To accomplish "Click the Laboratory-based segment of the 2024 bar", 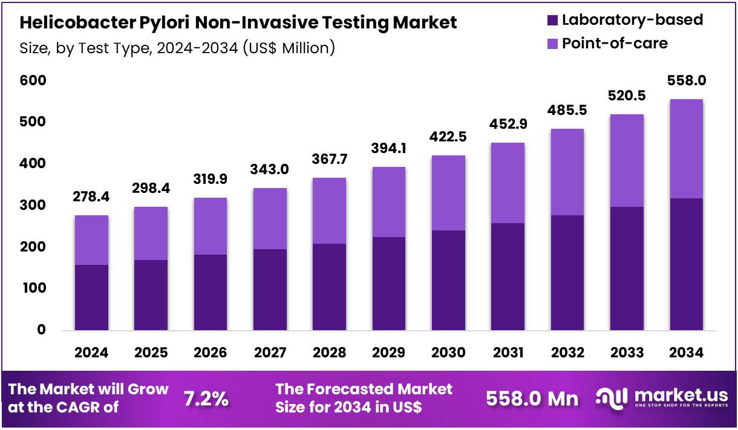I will (x=91, y=298).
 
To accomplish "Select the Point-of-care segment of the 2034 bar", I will (x=686, y=149).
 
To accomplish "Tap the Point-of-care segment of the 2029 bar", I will (x=388, y=202).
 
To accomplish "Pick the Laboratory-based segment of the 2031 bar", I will (x=508, y=276).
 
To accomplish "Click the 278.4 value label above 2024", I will (x=91, y=197).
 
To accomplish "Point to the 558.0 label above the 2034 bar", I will (x=686, y=81).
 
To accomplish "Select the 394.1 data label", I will (x=388, y=149).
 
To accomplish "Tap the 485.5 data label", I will (x=567, y=111).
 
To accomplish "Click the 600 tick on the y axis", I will (x=33, y=80).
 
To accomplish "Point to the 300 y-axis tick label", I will (x=33, y=206).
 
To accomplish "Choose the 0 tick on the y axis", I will (x=41, y=330).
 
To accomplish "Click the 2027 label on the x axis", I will (x=270, y=353).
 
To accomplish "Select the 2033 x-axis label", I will (x=627, y=353).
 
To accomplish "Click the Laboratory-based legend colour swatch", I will (x=551, y=20).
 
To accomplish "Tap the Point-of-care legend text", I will (x=615, y=43).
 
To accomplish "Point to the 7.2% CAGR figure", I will (x=206, y=399).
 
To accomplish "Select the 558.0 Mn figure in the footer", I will (x=532, y=399).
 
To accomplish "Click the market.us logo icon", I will (x=612, y=397).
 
